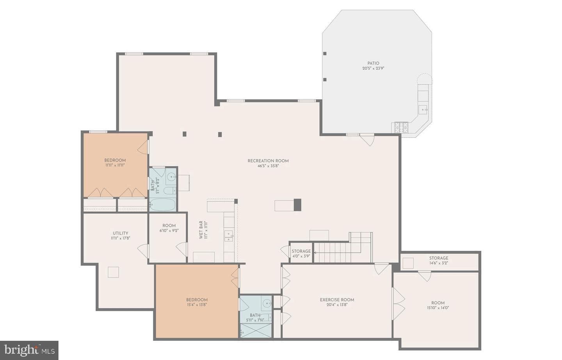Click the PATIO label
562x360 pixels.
click(x=373, y=63)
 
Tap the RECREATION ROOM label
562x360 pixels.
click(x=268, y=161)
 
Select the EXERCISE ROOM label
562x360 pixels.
click(x=337, y=300)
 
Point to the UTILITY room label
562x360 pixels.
click(x=121, y=233)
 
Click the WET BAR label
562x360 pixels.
click(x=201, y=230)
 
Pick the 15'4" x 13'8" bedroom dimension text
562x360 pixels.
click(x=197, y=305)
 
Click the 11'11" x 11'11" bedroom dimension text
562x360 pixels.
click(x=115, y=165)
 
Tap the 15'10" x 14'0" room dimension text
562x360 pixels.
click(x=438, y=308)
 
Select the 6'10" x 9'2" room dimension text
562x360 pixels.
click(x=169, y=231)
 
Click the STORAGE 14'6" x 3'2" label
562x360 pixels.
click(x=439, y=261)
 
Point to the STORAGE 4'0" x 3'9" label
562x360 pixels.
click(x=301, y=254)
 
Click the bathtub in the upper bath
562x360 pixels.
click(x=163, y=204)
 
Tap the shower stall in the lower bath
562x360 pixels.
click(x=256, y=330)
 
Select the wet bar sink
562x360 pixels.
click(x=228, y=236)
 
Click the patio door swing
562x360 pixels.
click(x=367, y=140)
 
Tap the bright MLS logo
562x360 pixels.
click(x=29, y=350)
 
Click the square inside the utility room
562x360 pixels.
click(x=113, y=272)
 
